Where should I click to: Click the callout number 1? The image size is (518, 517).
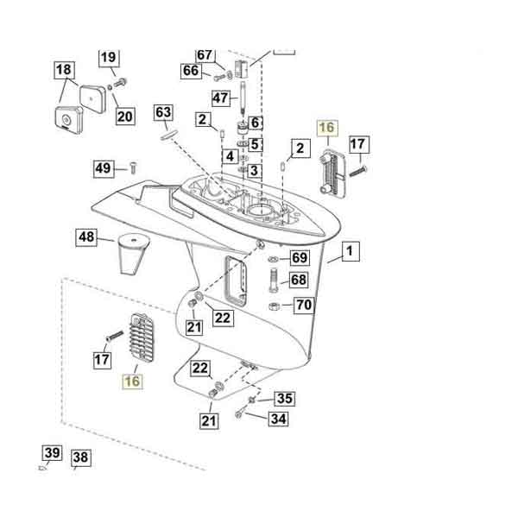[351, 252]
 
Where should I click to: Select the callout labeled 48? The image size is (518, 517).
[86, 236]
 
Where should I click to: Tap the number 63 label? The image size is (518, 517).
[164, 112]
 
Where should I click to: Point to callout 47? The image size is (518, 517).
[221, 98]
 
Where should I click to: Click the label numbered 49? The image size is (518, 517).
[104, 168]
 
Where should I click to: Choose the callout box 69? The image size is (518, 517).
[299, 258]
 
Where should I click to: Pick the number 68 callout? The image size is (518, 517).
[299, 281]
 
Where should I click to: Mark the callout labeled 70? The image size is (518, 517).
[303, 305]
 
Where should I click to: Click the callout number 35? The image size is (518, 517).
[284, 399]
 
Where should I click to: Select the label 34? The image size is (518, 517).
[278, 420]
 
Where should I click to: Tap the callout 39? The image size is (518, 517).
[52, 453]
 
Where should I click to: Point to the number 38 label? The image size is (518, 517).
[80, 457]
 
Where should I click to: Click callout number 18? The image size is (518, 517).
[65, 69]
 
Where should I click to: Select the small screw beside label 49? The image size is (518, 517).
[133, 167]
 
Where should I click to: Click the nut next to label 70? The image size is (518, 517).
[273, 306]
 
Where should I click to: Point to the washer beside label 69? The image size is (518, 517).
[274, 259]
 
